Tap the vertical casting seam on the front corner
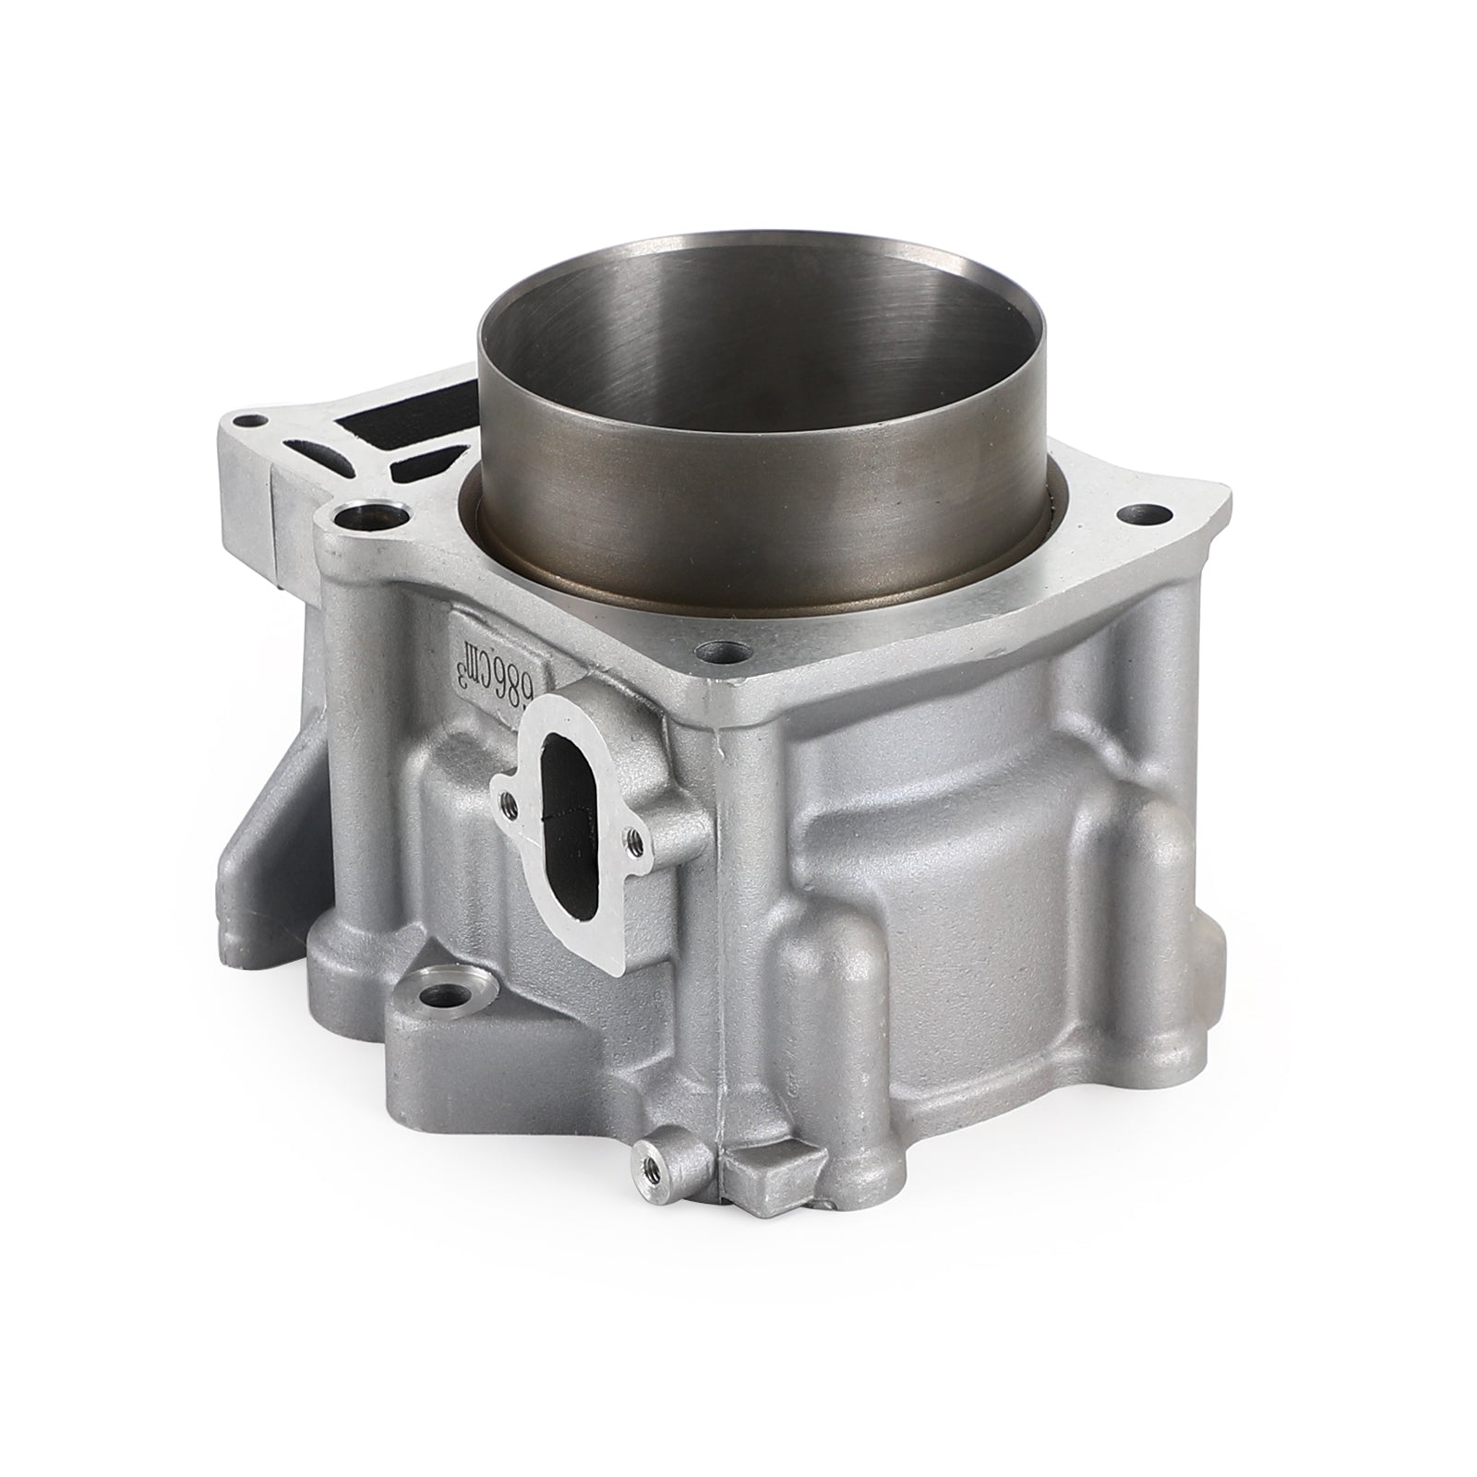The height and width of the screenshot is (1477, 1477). [x=718, y=923]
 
